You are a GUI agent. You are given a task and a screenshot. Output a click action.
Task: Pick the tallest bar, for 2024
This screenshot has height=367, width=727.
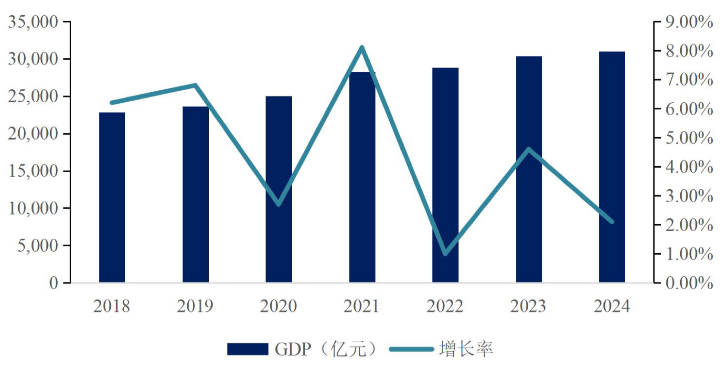pos(612,167)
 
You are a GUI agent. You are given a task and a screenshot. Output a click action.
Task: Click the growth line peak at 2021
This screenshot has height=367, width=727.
pos(362,47)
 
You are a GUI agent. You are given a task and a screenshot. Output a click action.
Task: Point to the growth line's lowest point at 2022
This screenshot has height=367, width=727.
pos(445,254)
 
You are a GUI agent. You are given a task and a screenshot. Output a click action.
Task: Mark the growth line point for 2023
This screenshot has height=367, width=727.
pos(528,149)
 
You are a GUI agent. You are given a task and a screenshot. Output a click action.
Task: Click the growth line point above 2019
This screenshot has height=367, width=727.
pos(195,86)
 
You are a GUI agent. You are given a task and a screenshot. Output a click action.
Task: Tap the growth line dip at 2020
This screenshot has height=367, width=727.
pos(278,205)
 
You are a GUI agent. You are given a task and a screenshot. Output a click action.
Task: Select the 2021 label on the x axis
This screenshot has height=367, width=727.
pos(362,306)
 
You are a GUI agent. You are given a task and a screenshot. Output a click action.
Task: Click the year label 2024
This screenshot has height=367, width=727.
pos(612,306)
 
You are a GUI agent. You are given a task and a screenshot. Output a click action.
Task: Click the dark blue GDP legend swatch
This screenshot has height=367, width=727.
pos(247,349)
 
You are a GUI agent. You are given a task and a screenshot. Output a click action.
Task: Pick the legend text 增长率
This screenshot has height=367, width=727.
pos(466,349)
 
